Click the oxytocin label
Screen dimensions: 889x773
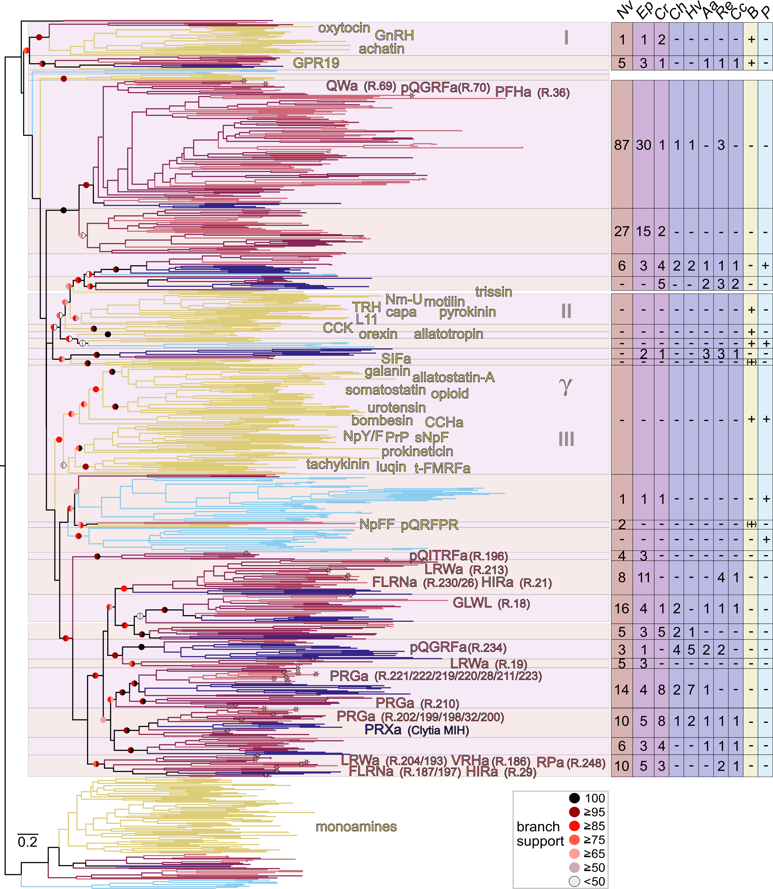pos(344,28)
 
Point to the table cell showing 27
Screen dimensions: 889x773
pos(622,232)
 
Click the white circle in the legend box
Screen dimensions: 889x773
pos(574,881)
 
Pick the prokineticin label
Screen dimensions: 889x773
pos(417,452)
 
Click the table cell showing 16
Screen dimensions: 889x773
pos(622,609)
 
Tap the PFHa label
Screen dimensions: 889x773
pos(513,92)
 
